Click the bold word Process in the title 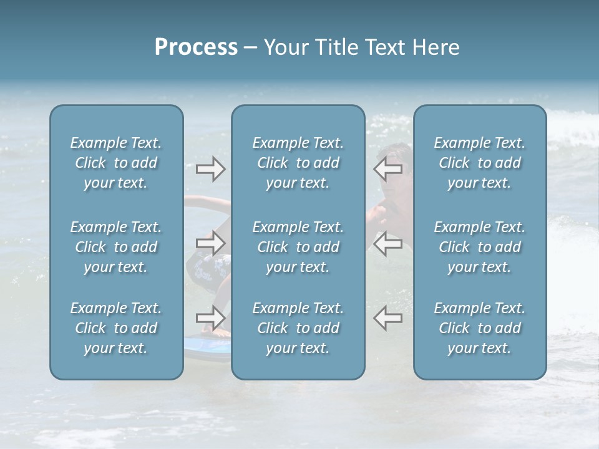pyautogui.click(x=196, y=47)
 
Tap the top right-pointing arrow pyautogui.click(x=210, y=169)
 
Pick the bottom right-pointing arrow pyautogui.click(x=210, y=319)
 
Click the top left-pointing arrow pyautogui.click(x=387, y=169)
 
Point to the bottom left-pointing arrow pyautogui.click(x=387, y=319)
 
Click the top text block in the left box pyautogui.click(x=116, y=163)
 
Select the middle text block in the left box pyautogui.click(x=116, y=247)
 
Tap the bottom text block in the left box pyautogui.click(x=116, y=328)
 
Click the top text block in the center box pyautogui.click(x=298, y=163)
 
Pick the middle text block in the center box pyautogui.click(x=298, y=247)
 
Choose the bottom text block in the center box pyautogui.click(x=298, y=328)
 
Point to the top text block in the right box pyautogui.click(x=479, y=163)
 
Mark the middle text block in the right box pyautogui.click(x=479, y=247)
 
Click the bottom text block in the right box pyautogui.click(x=479, y=328)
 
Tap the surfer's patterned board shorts pyautogui.click(x=206, y=269)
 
